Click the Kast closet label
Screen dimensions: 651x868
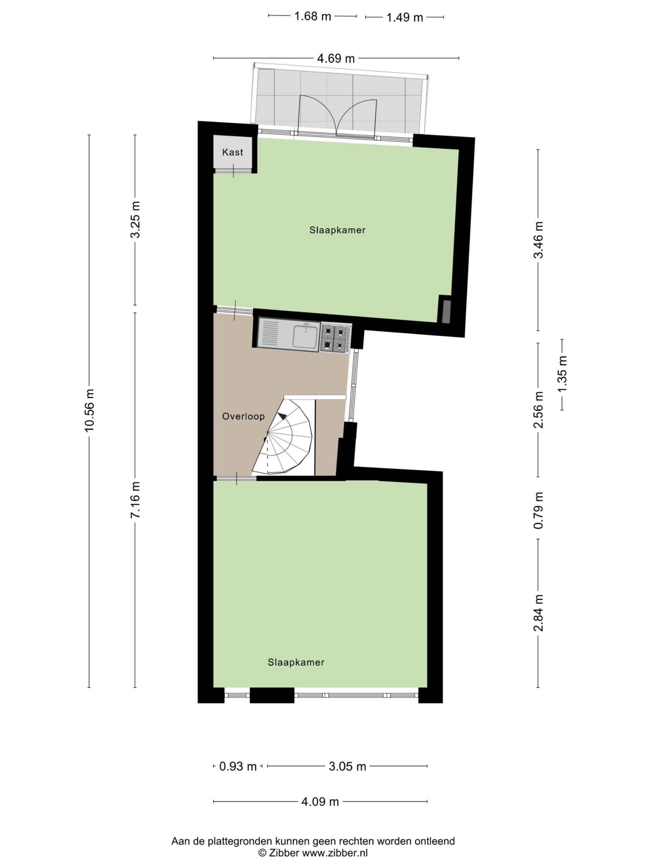click(x=232, y=152)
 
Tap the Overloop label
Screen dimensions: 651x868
click(x=243, y=416)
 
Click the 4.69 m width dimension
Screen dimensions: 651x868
click(x=336, y=58)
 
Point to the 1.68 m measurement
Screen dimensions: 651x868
click(x=313, y=17)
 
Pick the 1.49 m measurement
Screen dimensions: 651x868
click(x=405, y=18)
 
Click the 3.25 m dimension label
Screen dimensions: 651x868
click(x=135, y=220)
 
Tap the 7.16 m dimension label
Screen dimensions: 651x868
click(x=135, y=499)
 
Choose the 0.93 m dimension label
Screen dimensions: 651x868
click(x=238, y=766)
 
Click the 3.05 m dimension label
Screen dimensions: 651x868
click(x=347, y=766)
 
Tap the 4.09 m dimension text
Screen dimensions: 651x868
click(x=320, y=802)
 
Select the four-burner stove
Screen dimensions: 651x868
click(x=336, y=338)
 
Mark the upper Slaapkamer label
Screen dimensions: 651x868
click(x=337, y=230)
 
